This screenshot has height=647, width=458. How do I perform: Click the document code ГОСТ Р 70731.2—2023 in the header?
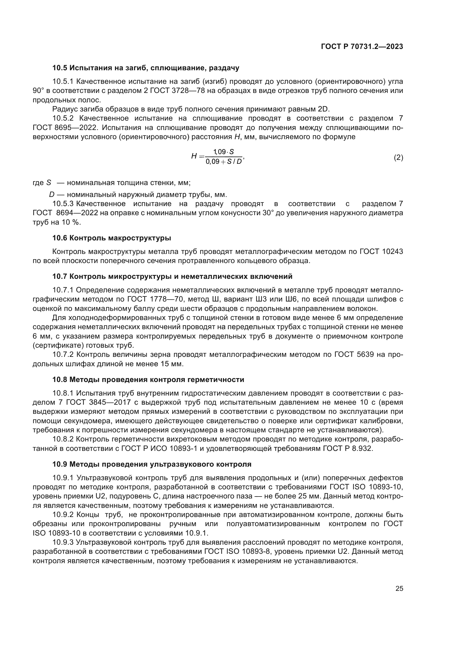click(x=362, y=46)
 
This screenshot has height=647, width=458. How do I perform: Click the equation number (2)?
click(x=398, y=157)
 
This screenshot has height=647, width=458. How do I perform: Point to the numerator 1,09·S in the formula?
click(x=224, y=152)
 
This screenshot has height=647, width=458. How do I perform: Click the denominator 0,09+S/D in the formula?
click(x=224, y=162)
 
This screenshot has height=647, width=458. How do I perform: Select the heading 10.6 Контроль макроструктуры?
click(x=112, y=238)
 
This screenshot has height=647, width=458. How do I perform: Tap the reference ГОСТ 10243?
click(x=381, y=251)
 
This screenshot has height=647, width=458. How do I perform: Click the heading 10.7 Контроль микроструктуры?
click(x=172, y=276)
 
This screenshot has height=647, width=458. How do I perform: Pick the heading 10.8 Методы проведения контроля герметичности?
click(x=148, y=380)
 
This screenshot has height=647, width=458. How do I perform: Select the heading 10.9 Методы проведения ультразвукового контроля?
click(x=152, y=464)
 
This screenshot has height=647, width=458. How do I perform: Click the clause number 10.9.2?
click(x=63, y=515)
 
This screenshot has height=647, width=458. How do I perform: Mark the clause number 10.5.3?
click(x=63, y=204)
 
